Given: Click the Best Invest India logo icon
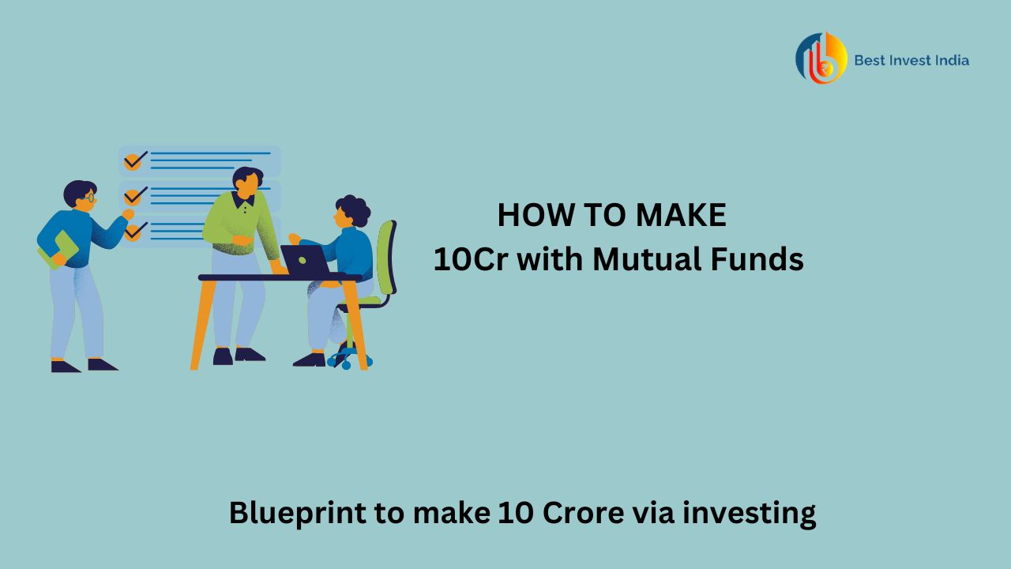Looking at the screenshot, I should (x=821, y=58).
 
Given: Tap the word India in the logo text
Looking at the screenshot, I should (x=951, y=60).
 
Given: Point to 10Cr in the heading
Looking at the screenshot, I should (x=465, y=259).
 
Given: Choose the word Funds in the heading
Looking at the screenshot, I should (x=761, y=259).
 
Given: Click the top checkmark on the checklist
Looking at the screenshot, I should (x=133, y=160).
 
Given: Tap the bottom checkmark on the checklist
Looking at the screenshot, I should (x=133, y=231).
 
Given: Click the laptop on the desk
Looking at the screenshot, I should (x=305, y=260).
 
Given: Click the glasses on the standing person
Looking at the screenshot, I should (x=89, y=198).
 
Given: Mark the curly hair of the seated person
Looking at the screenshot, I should (x=353, y=209).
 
